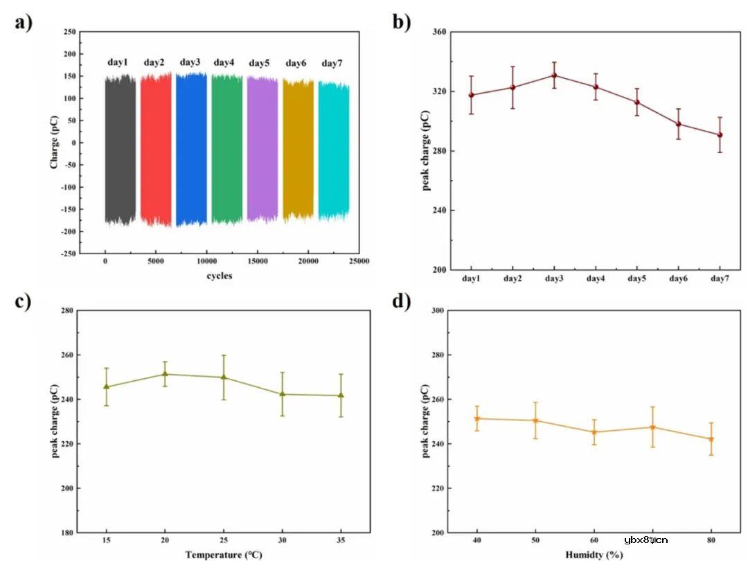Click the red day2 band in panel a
pos(156,149)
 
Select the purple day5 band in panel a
pos(262,149)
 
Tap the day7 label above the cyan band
pos(332,64)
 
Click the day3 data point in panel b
pos(554,75)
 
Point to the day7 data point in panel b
pos(720,135)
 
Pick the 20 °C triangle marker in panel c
pos(165,374)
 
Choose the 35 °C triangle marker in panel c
pos(341,395)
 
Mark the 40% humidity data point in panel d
pos(477,418)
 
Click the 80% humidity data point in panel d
pos(711,439)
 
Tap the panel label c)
pos(24,302)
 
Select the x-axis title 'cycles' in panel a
pos(219,276)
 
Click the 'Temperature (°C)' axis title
pos(224,554)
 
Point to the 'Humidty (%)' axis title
pos(594,554)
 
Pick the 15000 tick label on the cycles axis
pos(257,261)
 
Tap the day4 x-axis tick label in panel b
pos(596,278)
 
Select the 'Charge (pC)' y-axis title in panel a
pos(53,143)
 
